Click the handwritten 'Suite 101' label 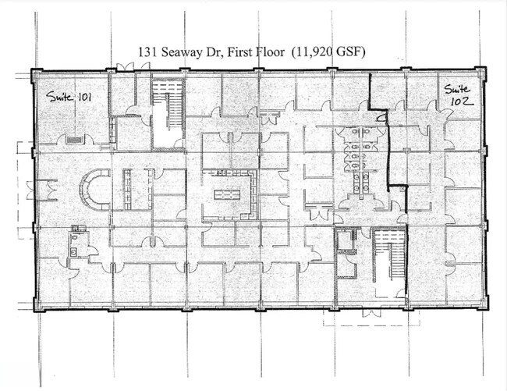point(69,96)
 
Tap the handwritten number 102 point(462,101)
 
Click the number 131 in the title point(148,52)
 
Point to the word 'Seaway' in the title point(182,52)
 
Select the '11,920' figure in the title point(312,52)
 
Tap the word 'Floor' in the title point(268,52)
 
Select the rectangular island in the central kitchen point(227,194)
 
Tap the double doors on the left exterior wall point(31,190)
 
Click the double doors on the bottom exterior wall point(370,313)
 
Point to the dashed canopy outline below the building point(371,318)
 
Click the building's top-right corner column point(480,73)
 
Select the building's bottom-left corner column point(38,304)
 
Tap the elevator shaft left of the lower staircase point(345,240)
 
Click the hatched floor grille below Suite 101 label point(75,140)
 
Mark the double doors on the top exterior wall point(125,67)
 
